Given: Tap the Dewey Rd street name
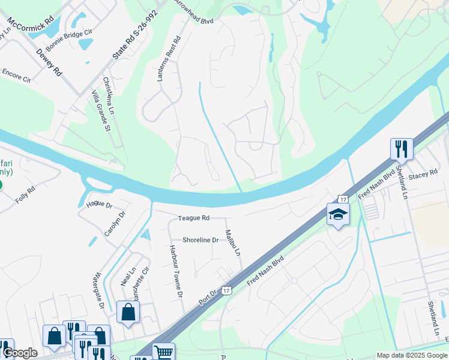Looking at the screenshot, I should pos(49,62).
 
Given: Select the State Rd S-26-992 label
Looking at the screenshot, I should pos(136,34).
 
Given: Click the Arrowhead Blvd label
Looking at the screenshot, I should pos(193,11).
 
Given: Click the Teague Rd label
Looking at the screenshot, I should pos(193,218).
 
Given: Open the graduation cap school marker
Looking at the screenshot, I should pos(338,214).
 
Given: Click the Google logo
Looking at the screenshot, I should pos(19,353).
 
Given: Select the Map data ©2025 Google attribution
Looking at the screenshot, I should pos(411,355).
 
